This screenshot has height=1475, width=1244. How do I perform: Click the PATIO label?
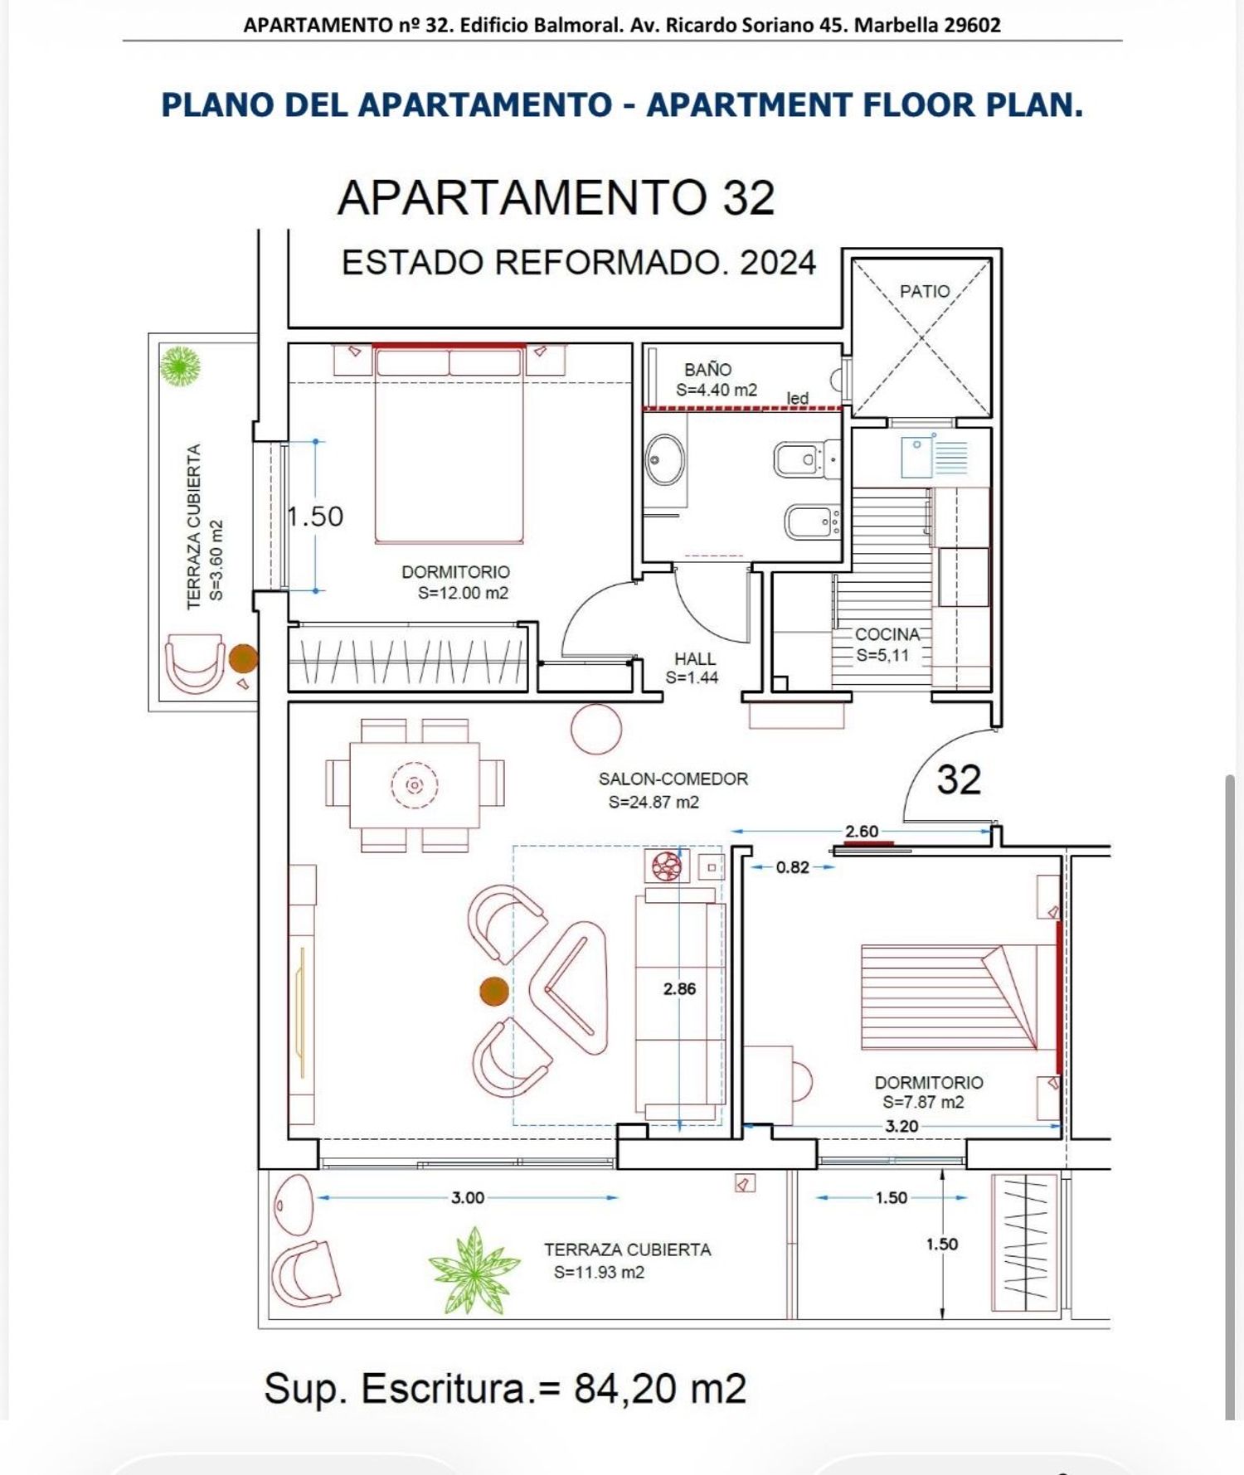coord(925,291)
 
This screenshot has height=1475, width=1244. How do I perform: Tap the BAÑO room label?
coord(707,370)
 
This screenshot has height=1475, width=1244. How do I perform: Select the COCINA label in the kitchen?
coord(887,634)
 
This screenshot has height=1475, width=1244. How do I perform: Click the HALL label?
coord(695,659)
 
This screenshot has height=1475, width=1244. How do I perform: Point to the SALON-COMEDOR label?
coord(673,779)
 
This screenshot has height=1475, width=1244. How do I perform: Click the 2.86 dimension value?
coord(679,988)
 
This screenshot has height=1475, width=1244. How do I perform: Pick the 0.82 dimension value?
coord(793,867)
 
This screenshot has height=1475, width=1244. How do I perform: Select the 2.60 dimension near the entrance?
coord(862,831)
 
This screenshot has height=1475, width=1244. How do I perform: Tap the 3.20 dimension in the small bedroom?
coord(901,1126)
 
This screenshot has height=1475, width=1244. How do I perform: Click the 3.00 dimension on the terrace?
coord(468,1197)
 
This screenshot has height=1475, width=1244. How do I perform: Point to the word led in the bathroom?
coord(798,398)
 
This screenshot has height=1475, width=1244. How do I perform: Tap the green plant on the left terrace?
coord(180,366)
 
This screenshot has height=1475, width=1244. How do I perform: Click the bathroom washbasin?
coord(665,459)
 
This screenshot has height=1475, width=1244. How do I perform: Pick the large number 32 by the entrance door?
coord(959,779)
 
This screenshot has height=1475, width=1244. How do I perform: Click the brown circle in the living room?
coord(494,991)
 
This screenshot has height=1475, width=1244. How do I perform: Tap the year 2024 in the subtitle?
coord(778,263)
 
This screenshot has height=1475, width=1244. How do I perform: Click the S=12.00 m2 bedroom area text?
coord(463,593)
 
